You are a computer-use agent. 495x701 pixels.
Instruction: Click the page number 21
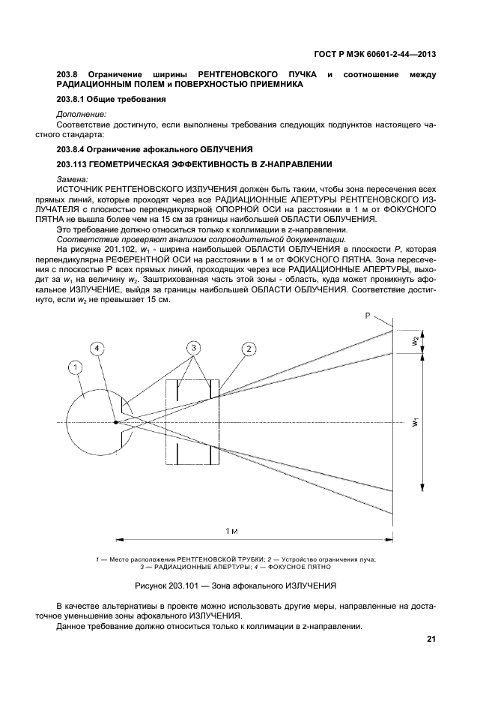point(431,639)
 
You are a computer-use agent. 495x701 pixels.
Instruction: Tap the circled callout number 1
point(74,367)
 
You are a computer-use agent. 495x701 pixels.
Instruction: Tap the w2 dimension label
point(414,341)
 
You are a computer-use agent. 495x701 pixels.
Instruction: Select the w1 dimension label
point(414,423)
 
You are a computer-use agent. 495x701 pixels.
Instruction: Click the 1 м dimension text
point(232,530)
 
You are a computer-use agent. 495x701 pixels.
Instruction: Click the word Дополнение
point(81,113)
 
